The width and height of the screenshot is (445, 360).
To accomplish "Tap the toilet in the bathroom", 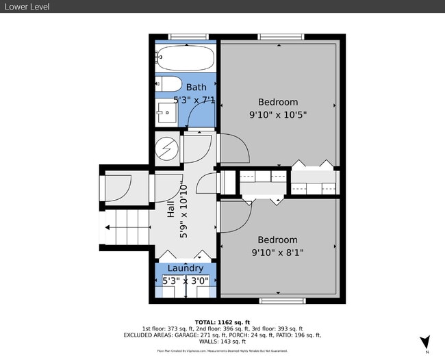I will click(169, 85).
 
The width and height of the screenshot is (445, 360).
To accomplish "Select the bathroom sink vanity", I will click(167, 112).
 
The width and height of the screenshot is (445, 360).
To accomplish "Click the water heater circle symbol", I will click(166, 149).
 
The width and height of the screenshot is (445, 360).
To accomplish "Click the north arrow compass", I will click(424, 341).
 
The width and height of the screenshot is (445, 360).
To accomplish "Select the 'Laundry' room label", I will click(185, 268).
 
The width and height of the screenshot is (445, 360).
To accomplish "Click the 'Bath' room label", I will click(196, 87).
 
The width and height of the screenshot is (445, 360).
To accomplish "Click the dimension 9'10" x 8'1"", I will click(277, 253).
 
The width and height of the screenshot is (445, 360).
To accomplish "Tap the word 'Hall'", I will click(171, 209).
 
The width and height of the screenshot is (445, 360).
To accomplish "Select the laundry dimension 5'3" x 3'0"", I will click(185, 281).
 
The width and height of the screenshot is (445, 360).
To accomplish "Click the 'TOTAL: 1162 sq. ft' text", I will click(222, 321).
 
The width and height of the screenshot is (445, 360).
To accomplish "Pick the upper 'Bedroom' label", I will click(277, 102).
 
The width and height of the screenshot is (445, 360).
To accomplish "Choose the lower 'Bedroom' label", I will click(277, 240).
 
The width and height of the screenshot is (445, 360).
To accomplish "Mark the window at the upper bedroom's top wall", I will click(279, 36).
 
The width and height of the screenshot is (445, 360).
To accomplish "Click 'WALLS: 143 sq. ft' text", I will click(222, 342).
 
